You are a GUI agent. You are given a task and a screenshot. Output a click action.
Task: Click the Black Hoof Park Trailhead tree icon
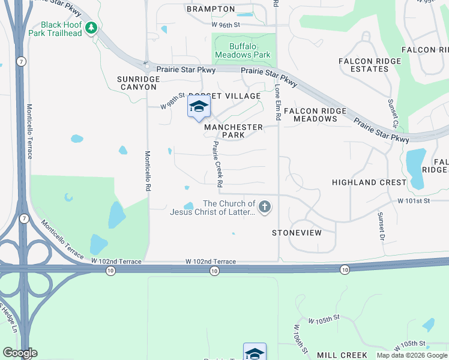point(91,28)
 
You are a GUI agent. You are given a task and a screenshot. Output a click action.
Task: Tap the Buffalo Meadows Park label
point(250,50)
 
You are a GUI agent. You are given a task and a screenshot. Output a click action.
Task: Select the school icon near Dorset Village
point(199,107)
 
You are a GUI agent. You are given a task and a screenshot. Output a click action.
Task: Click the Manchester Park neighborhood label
point(233,131)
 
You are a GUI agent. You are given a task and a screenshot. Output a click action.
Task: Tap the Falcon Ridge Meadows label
point(315,115)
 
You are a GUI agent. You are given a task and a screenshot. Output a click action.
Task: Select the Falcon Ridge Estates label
point(363,65)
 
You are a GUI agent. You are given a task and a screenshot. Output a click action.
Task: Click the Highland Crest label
point(369,182)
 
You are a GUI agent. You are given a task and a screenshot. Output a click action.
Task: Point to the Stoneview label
point(297,232)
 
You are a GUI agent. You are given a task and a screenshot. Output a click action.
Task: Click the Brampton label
point(210,9)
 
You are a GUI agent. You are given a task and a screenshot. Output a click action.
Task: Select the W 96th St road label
point(226,25)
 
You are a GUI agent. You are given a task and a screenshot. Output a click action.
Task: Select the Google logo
point(20,353)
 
